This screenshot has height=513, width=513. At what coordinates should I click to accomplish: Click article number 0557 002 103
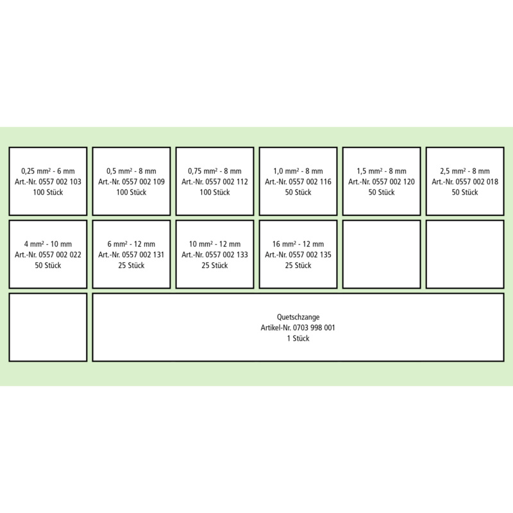click(x=60, y=182)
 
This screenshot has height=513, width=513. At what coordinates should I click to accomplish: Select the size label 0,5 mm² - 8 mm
click(x=131, y=171)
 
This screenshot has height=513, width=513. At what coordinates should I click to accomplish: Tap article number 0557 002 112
click(x=226, y=182)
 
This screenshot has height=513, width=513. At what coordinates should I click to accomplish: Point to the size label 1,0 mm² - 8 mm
click(x=298, y=171)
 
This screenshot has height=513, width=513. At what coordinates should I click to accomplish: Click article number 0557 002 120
click(x=393, y=182)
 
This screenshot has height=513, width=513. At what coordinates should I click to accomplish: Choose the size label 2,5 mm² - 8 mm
click(x=465, y=171)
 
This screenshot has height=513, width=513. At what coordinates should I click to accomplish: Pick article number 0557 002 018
click(x=476, y=182)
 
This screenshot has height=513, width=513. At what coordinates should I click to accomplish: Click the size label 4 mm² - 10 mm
click(x=47, y=244)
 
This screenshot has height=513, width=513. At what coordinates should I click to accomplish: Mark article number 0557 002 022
click(x=60, y=255)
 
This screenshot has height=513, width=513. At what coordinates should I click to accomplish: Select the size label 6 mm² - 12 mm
click(x=131, y=244)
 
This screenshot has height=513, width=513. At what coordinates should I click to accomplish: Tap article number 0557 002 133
click(x=226, y=255)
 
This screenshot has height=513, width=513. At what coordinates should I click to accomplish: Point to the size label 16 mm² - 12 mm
click(x=298, y=244)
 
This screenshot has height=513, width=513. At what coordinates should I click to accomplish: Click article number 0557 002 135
click(x=310, y=255)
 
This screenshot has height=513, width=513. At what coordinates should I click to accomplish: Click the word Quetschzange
click(x=298, y=317)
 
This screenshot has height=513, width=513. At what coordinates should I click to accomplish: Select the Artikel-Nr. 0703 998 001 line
click(x=298, y=328)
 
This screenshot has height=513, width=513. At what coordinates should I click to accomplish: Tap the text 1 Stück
click(x=298, y=339)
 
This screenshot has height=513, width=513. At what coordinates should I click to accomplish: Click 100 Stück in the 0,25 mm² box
click(x=47, y=192)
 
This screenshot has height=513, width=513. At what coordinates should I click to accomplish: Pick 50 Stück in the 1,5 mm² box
click(x=382, y=192)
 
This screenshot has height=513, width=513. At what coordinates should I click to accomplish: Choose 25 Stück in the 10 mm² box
click(x=215, y=265)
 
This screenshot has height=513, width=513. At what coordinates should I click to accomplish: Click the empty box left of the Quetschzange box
click(x=48, y=328)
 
